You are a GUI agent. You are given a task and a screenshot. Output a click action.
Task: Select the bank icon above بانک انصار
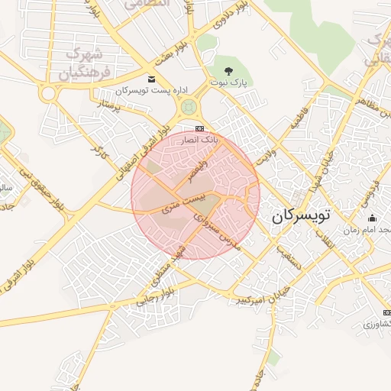(200, 128)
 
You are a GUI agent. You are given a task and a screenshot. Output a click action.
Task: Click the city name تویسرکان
(302, 217)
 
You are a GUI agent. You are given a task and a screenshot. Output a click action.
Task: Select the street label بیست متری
(188, 202)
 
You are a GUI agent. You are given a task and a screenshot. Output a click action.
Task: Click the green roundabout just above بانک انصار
(187, 110)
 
